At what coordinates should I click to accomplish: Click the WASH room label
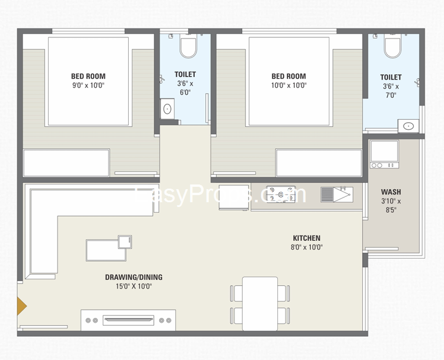(x=391, y=192)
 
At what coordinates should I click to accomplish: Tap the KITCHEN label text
(x=306, y=238)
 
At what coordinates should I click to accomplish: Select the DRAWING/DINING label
(x=134, y=277)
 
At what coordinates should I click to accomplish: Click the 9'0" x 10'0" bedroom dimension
(x=88, y=85)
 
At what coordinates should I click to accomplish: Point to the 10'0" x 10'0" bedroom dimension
(x=288, y=85)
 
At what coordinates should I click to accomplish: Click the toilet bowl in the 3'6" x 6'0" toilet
(x=188, y=47)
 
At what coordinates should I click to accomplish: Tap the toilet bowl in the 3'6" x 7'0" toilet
(x=392, y=47)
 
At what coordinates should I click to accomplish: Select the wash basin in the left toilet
(x=167, y=109)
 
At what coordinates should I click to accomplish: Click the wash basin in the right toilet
(x=408, y=125)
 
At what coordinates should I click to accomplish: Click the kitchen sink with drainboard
(x=337, y=195)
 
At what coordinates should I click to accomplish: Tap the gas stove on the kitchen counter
(x=278, y=195)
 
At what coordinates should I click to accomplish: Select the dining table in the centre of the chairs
(x=260, y=303)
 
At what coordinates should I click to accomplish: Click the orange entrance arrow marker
(x=21, y=305)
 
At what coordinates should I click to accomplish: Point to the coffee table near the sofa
(x=106, y=250)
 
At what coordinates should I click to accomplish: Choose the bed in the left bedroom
(x=88, y=82)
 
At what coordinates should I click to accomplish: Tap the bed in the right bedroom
(x=288, y=82)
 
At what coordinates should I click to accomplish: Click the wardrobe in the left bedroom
(x=66, y=163)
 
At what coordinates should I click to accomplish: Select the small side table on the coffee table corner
(x=125, y=241)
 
